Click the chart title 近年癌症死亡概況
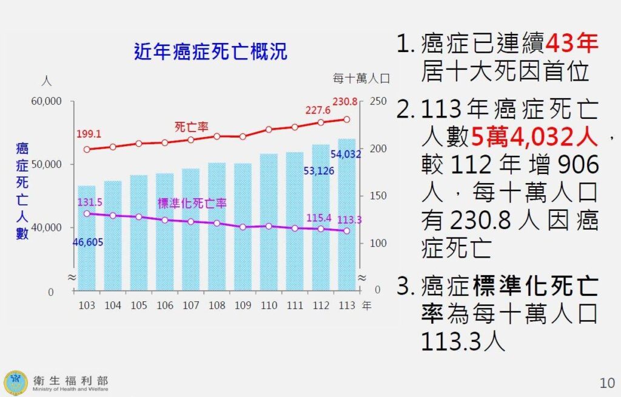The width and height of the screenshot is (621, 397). coord(210,52)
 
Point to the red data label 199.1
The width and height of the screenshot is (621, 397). coord(89,134)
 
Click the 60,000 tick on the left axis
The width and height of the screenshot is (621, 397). coord(46,101)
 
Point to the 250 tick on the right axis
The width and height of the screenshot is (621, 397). coord(377,101)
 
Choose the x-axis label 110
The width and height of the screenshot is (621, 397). coord(269,305)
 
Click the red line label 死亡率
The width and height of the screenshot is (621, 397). coord(192,127)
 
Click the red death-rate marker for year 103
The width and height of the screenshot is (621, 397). coord(87,149)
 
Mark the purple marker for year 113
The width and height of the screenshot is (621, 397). coord(346,231)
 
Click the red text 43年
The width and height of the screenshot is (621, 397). coord(572,44)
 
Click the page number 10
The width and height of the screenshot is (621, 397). coord(606,383)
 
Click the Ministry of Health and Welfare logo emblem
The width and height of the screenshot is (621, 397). coord(16,382)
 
